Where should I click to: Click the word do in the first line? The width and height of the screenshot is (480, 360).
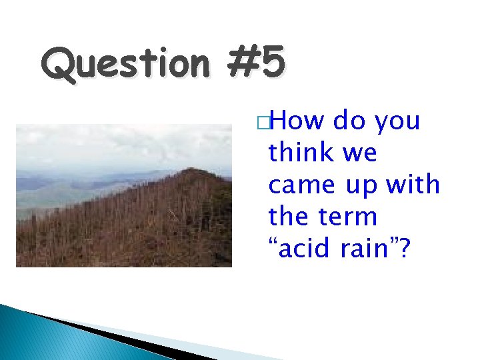coord(349,121)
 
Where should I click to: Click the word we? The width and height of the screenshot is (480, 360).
coord(361,154)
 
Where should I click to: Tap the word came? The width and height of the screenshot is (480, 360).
coord(301,185)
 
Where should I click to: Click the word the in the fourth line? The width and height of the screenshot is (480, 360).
coord(289,216)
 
